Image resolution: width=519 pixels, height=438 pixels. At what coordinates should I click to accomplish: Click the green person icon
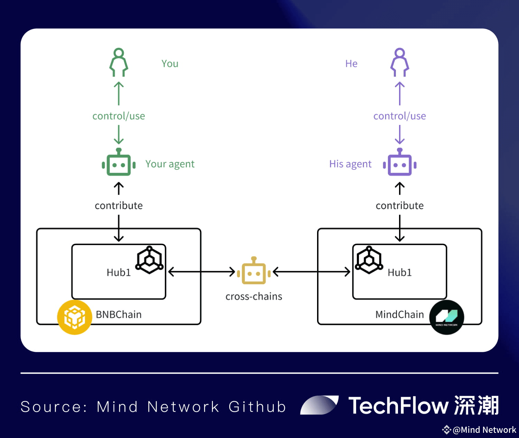[119, 62]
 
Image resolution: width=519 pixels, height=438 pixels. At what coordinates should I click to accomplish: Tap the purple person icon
[399, 62]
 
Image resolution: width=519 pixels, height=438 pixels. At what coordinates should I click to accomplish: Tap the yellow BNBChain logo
[75, 317]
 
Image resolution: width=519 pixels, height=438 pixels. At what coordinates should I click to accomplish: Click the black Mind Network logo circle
[447, 317]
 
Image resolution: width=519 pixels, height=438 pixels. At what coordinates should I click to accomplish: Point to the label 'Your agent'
[170, 164]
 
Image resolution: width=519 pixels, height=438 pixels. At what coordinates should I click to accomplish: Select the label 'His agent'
[350, 164]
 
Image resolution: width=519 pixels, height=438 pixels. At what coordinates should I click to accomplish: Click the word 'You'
[170, 64]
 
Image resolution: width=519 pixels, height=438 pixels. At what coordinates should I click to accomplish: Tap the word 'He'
[351, 64]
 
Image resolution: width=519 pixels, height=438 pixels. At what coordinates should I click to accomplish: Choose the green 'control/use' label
[119, 116]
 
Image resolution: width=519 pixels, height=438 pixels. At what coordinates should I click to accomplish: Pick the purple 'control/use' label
[400, 116]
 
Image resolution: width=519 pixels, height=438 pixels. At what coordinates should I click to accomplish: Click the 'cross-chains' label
[254, 296]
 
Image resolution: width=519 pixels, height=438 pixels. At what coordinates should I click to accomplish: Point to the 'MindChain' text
[399, 314]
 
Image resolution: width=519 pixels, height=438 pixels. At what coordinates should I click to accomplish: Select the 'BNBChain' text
[119, 314]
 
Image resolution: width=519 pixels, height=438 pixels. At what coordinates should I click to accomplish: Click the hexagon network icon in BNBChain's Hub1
[149, 260]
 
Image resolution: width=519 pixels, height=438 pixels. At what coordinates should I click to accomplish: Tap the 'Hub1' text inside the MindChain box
[400, 272]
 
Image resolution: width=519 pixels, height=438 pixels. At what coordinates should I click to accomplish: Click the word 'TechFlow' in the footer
[398, 406]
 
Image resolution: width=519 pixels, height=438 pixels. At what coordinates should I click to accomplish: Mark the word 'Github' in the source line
[257, 406]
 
